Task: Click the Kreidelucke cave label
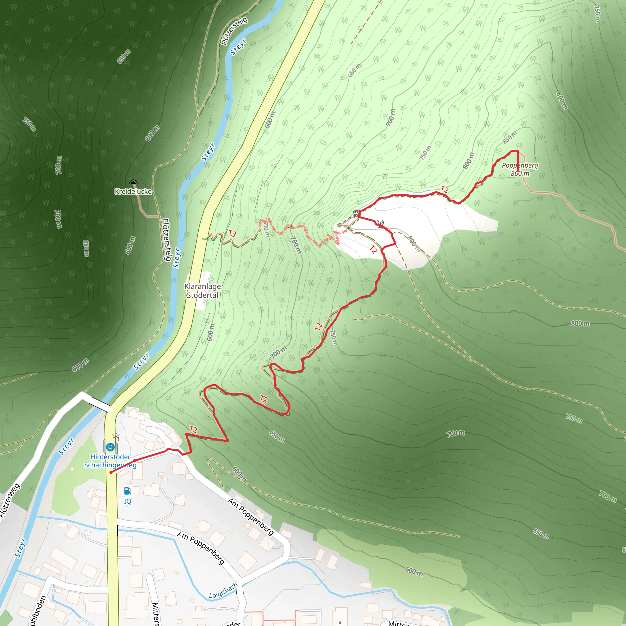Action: coord(133,191)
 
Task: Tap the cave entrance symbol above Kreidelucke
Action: coord(133,182)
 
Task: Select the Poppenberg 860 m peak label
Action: coord(520,169)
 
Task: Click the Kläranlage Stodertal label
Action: coord(203,291)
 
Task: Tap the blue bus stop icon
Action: coord(110,447)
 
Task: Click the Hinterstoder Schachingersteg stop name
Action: coord(110,461)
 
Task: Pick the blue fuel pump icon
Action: coord(128,491)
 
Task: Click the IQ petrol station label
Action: coord(128,501)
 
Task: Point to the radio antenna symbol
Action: coord(380,223)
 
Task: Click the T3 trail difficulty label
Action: coord(232,234)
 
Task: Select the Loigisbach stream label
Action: coord(223,591)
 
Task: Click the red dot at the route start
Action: coord(111,473)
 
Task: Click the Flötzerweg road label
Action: coord(10,501)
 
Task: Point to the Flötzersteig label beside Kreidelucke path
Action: coord(166,240)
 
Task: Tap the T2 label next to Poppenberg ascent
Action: coord(444,190)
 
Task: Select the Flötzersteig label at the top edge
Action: coord(234,31)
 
